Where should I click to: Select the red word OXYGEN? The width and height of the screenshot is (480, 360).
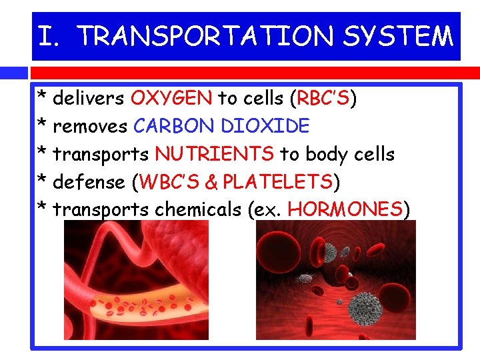tap(171, 99)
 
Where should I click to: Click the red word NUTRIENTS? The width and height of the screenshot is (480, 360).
tap(214, 154)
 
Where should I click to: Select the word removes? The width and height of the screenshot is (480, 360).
tap(91, 126)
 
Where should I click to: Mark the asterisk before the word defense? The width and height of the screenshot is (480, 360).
tap(42, 182)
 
